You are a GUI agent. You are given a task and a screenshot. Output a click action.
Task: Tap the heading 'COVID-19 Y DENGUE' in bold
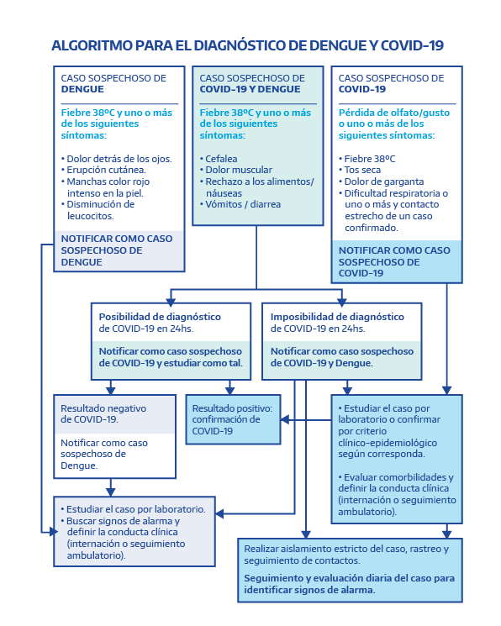(250, 89)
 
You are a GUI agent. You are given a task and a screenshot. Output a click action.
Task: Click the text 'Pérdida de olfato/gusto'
(394, 113)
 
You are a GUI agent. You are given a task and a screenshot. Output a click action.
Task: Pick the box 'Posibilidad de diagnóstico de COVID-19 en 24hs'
(171, 341)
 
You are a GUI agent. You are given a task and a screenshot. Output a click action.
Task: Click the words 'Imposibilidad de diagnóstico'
(337, 317)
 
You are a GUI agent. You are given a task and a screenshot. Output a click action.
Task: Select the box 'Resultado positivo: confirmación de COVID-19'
(234, 419)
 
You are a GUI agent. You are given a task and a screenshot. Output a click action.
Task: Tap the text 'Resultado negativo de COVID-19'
(103, 414)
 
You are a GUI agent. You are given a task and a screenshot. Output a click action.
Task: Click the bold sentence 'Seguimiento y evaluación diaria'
(349, 584)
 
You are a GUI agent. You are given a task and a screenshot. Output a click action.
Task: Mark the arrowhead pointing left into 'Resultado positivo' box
(285, 419)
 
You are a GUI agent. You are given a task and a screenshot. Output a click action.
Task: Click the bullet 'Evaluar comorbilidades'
(397, 494)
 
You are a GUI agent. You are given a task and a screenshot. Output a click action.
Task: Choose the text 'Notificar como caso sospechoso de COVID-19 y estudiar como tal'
(171, 357)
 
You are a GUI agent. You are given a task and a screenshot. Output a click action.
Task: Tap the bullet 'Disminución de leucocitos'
(98, 210)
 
